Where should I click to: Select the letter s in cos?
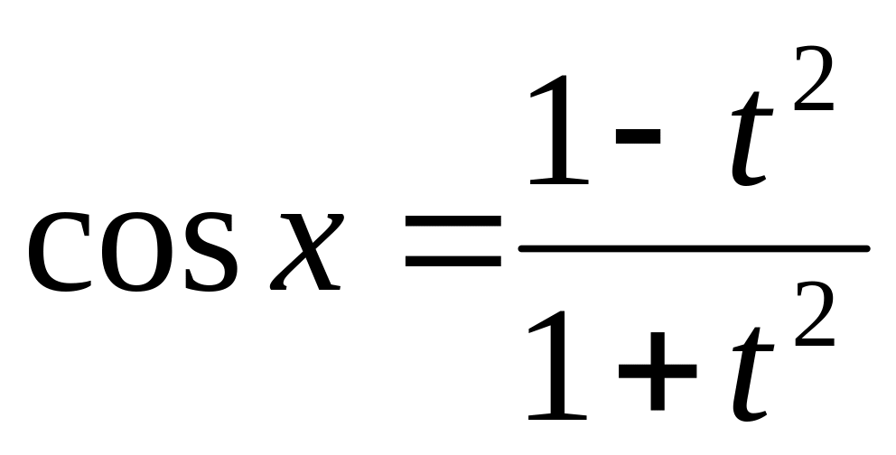[210, 253]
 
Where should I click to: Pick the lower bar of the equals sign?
[453, 263]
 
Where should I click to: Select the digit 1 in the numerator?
[561, 131]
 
